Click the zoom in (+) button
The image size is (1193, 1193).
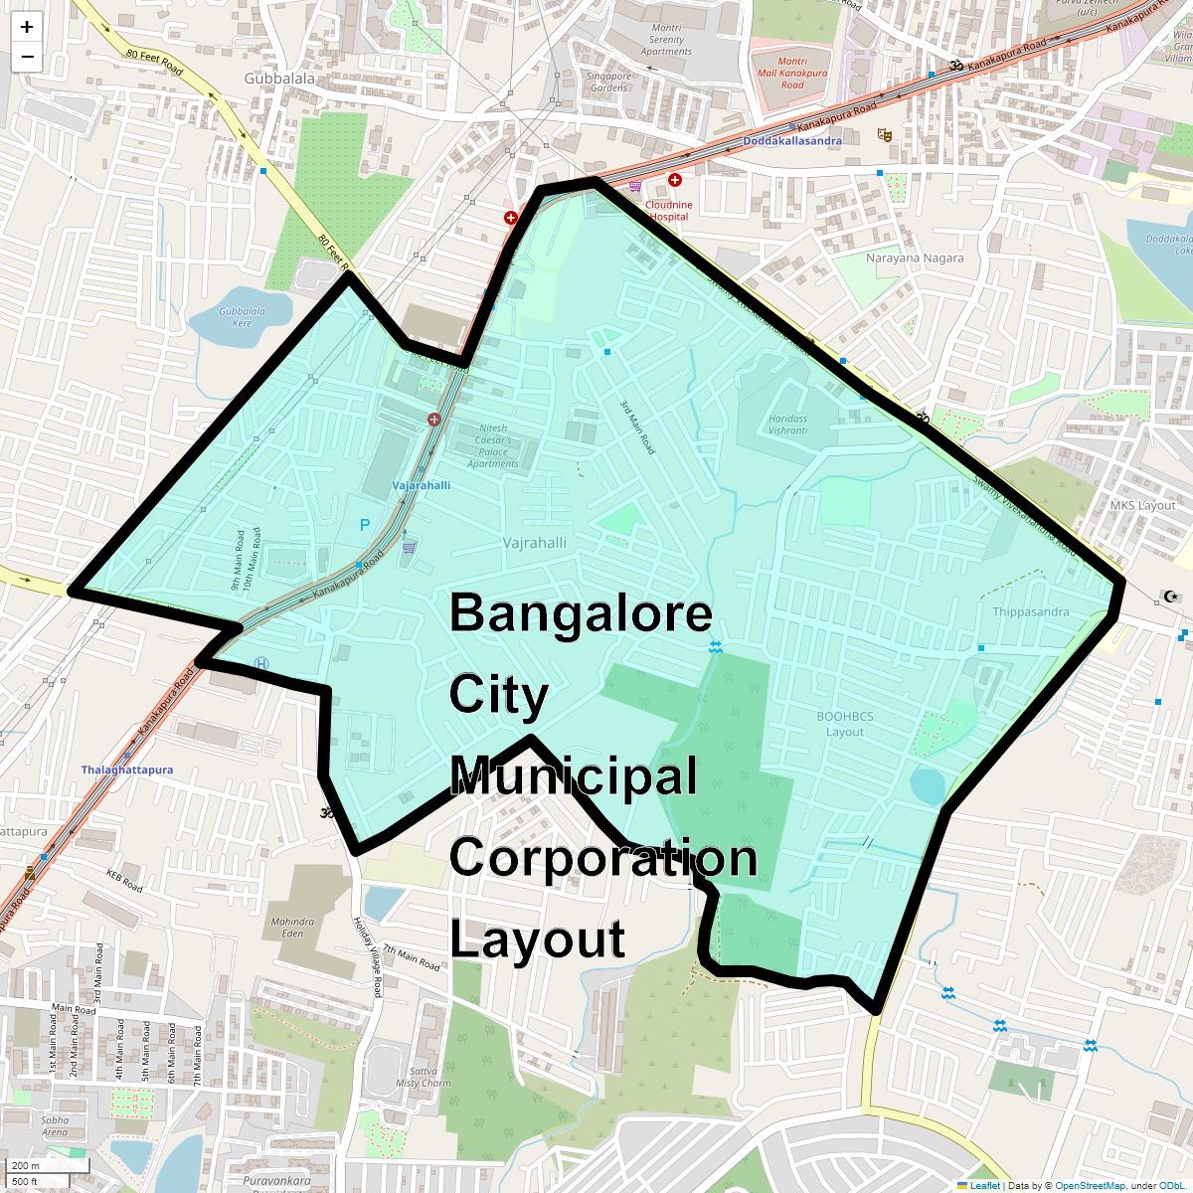click(x=27, y=27)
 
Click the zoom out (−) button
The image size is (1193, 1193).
click(x=27, y=57)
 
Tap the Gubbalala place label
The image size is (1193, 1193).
click(x=279, y=79)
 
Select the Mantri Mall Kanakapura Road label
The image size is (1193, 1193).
click(x=792, y=73)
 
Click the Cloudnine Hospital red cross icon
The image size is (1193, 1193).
click(x=675, y=180)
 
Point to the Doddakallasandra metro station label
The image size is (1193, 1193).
click(x=792, y=141)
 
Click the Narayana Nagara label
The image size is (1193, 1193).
click(x=915, y=258)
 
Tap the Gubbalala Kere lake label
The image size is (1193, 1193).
click(x=242, y=317)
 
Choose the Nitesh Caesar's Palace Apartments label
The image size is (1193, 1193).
click(x=493, y=445)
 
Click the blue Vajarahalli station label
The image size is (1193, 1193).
click(x=422, y=485)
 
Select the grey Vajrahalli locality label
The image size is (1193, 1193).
click(x=535, y=543)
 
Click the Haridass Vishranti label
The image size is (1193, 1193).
click(x=787, y=425)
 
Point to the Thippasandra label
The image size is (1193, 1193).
click(x=1031, y=612)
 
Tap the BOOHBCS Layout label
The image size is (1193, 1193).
click(x=845, y=724)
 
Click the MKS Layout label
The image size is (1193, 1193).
click(x=1143, y=506)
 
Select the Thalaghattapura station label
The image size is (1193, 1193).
click(x=127, y=770)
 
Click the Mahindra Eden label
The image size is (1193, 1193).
click(x=292, y=928)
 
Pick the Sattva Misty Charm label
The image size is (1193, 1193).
click(x=424, y=1077)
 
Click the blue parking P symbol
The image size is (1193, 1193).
click(x=365, y=525)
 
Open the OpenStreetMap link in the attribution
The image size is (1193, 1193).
click(x=1090, y=1185)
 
